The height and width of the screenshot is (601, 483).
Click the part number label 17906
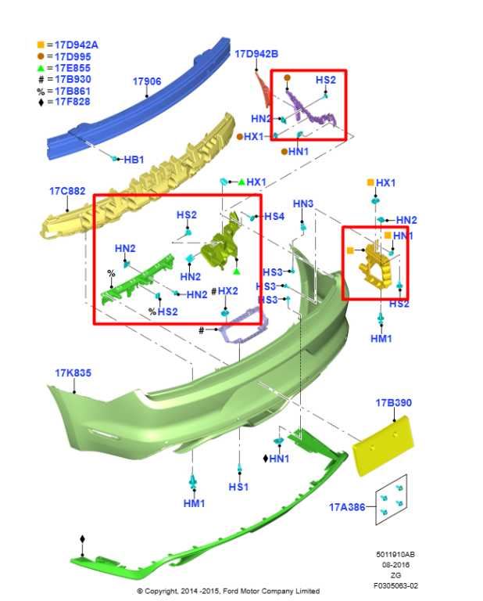point(147,81)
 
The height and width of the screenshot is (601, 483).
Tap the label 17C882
point(67,191)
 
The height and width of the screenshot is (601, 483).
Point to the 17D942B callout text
point(256,54)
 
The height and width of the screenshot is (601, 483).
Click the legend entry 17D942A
point(76,45)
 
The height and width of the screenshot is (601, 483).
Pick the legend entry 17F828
point(73,102)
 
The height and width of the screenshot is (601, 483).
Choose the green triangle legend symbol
point(41,69)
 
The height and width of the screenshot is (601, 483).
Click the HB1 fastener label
point(134,160)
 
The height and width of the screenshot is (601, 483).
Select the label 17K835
point(73,373)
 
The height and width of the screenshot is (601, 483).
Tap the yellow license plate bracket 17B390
point(384,446)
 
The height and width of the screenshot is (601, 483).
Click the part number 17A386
point(347,507)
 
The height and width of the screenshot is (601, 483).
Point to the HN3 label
point(303,204)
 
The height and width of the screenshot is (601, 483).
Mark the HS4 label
point(274,217)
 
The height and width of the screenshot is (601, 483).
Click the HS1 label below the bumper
point(238,487)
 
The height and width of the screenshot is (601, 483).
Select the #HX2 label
point(224,291)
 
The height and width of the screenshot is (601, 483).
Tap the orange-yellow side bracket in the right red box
point(374,265)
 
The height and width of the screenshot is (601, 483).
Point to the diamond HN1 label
point(276,459)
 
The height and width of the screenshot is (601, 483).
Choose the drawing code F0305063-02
point(395,585)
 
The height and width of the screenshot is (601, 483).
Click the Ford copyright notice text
point(228,591)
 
